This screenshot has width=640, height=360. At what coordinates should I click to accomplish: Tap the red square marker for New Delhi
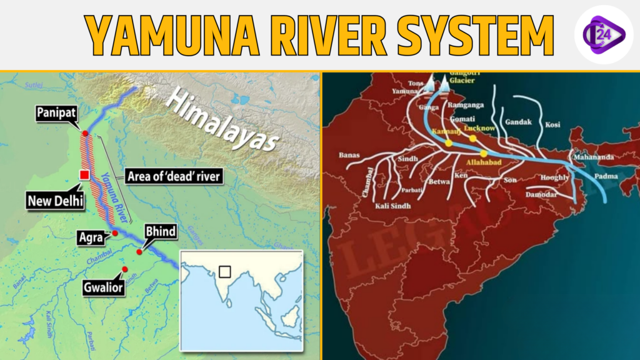(82, 175)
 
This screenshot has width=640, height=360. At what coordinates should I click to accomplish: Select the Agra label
(92, 237)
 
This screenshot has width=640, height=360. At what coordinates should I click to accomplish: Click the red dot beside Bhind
(139, 252)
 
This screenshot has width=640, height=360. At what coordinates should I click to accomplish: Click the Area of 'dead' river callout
(173, 176)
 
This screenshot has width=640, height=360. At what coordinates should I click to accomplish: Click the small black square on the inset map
(224, 271)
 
